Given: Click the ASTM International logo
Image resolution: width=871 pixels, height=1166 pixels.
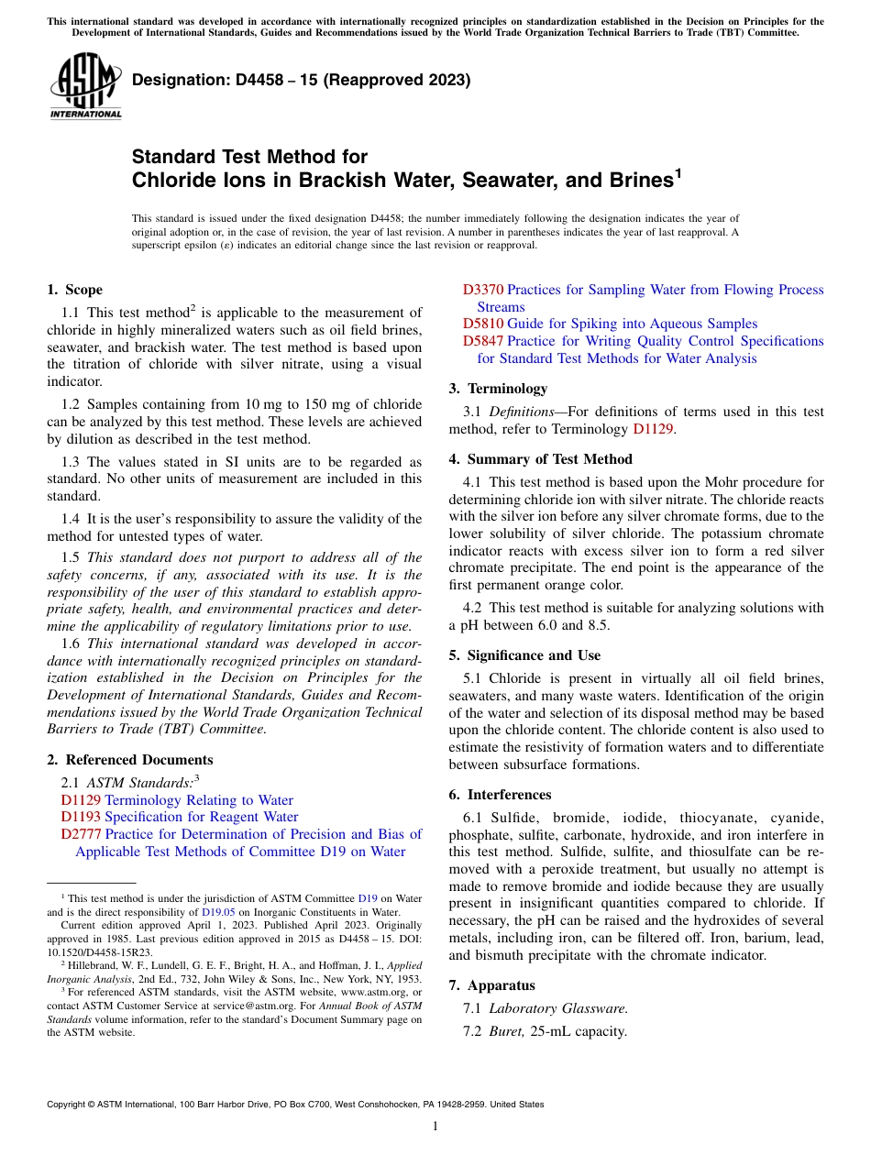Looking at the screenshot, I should [85, 88].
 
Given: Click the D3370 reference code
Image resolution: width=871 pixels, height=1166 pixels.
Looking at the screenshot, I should [482, 290].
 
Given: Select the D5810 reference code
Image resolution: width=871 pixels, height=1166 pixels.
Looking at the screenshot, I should [482, 324].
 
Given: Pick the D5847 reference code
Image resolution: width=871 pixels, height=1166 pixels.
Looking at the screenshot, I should [482, 341].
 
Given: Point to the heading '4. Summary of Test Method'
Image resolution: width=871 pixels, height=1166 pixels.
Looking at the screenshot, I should [540, 458].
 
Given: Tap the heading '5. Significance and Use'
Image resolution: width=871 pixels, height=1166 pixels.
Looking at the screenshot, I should [524, 655].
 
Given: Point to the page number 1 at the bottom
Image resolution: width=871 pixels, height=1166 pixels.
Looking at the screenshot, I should [435, 1126].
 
